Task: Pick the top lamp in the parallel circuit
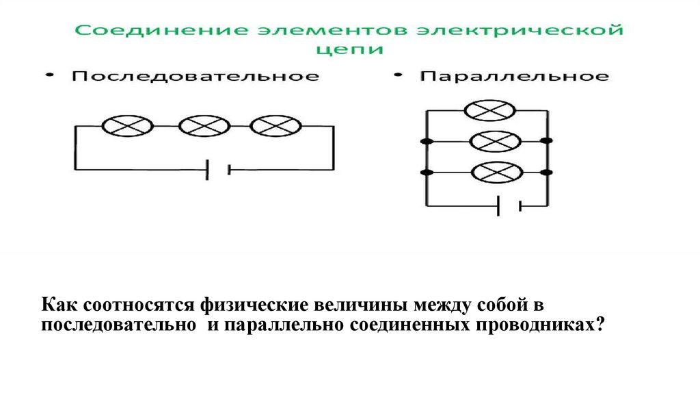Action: coord(489,110)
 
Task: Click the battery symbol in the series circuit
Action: coord(218,168)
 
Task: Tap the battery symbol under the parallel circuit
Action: coord(510,204)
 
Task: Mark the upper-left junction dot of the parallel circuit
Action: coord(427,141)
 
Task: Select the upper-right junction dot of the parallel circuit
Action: coord(546,141)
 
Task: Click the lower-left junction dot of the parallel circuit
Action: coord(427,171)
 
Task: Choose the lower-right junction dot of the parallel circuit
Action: coord(546,171)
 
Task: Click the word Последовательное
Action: coord(196,76)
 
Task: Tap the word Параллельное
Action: coord(514,76)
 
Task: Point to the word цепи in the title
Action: coord(349,49)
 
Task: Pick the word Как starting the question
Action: coord(58,304)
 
